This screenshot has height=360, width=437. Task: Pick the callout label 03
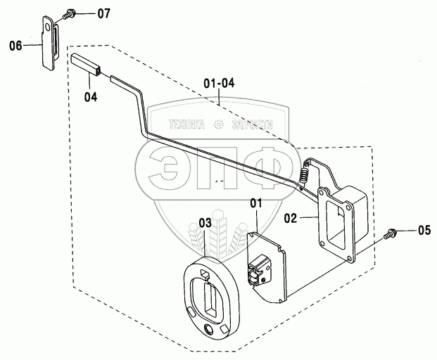[205, 223]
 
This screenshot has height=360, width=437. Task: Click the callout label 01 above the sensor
[255, 205]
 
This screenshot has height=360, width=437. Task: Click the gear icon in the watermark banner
[218, 125]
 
